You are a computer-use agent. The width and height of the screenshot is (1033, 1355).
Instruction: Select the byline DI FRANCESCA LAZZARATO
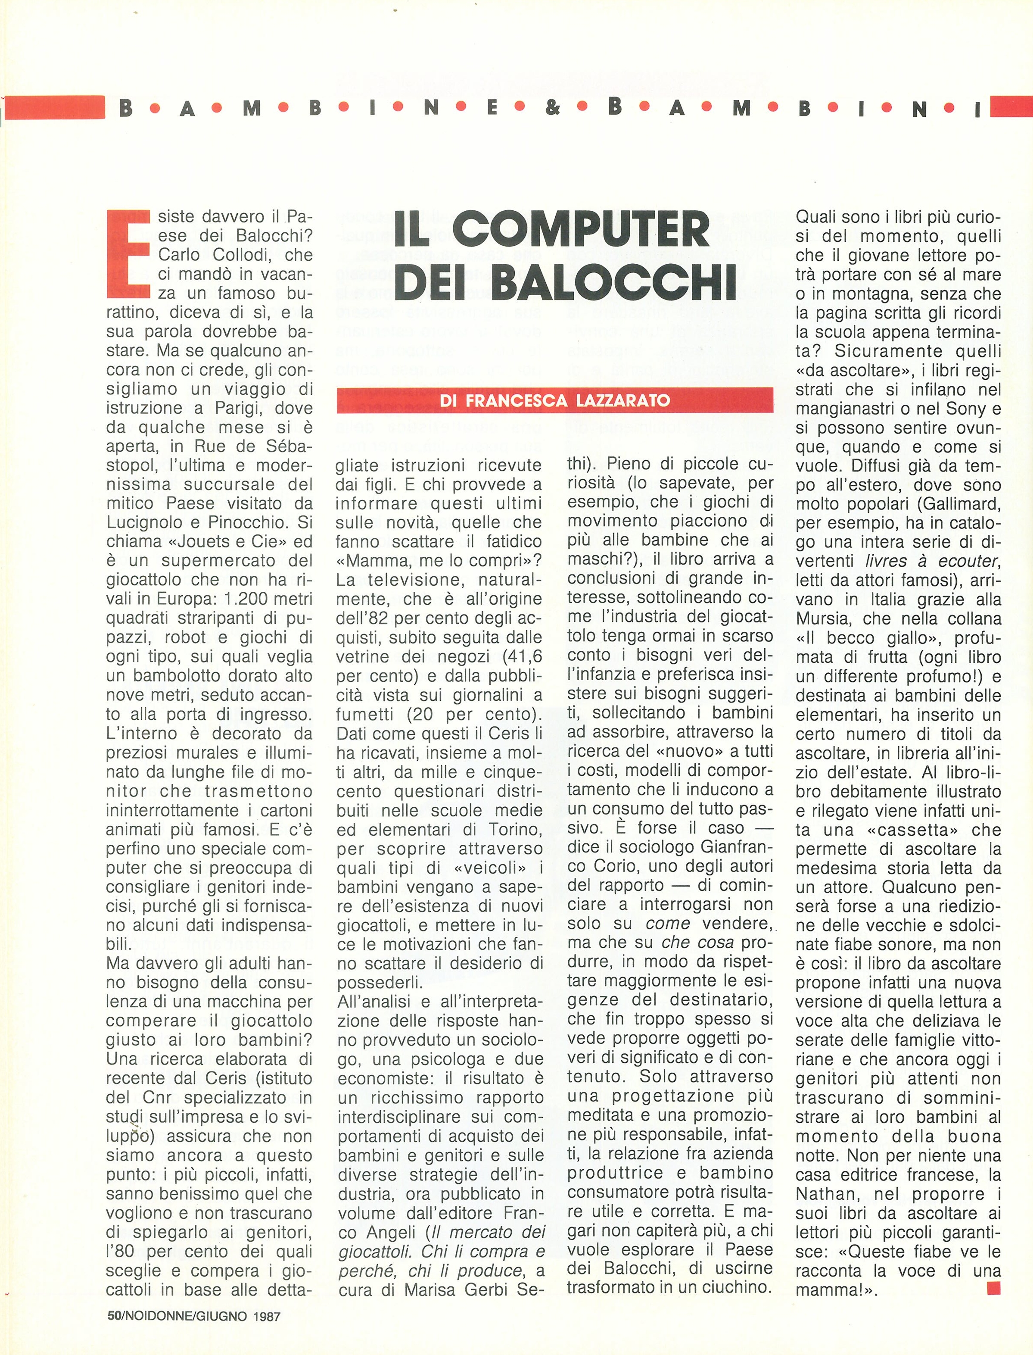coord(554,400)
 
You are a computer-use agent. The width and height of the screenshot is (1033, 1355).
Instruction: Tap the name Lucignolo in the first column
coord(143,522)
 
